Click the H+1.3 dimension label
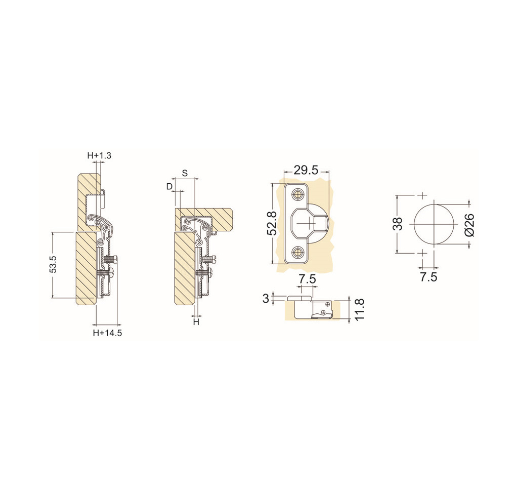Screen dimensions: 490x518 coord(99,155)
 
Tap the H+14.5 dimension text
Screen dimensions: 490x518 coord(107,333)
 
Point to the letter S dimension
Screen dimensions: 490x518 coord(185,173)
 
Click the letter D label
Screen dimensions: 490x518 coord(169,186)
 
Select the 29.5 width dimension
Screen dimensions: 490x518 coord(307,170)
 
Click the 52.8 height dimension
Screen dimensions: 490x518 coord(272,224)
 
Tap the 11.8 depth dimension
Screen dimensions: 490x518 coord(360,309)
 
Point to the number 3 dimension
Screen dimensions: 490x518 coord(266,298)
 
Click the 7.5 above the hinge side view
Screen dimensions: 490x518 coord(307,279)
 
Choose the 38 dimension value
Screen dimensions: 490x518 coord(399,224)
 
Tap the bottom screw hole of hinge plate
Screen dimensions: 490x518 coord(297,252)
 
